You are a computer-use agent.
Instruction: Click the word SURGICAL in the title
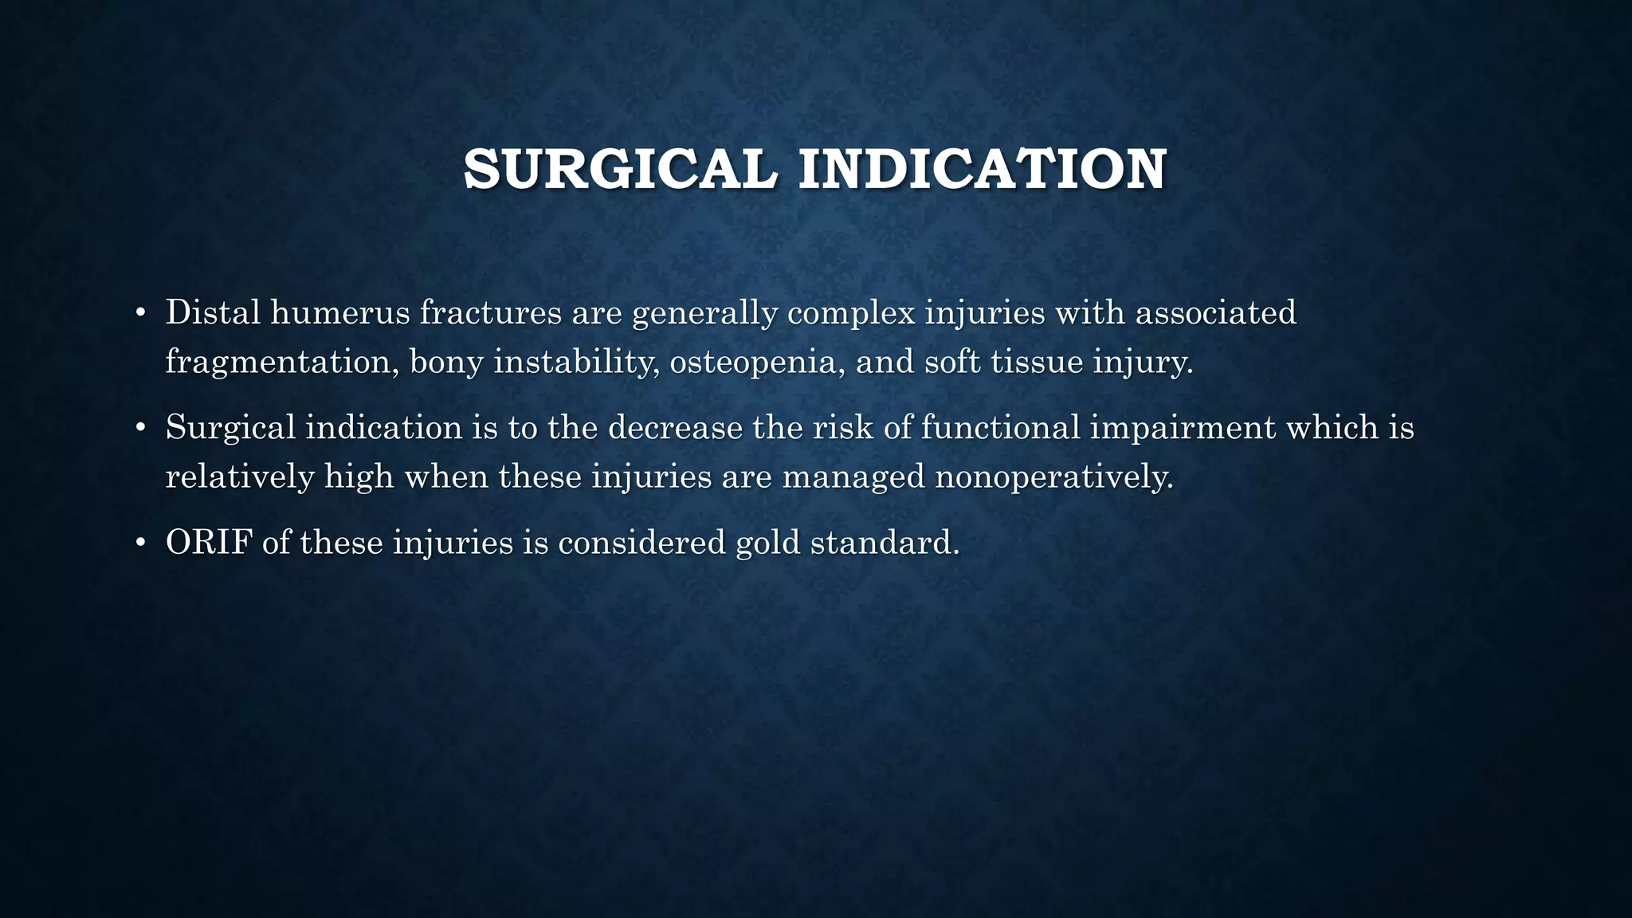[x=620, y=169]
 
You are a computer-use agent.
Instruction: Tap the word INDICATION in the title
[x=983, y=169]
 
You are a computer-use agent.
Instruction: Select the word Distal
[x=213, y=312]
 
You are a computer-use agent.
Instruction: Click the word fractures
[x=490, y=312]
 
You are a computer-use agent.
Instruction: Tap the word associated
[x=1215, y=312]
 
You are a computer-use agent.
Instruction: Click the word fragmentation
[x=282, y=363]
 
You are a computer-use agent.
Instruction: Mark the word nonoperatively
[x=1054, y=477]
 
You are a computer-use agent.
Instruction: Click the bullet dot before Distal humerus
[x=140, y=313]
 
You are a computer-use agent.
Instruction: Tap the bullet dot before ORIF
[x=140, y=543]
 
